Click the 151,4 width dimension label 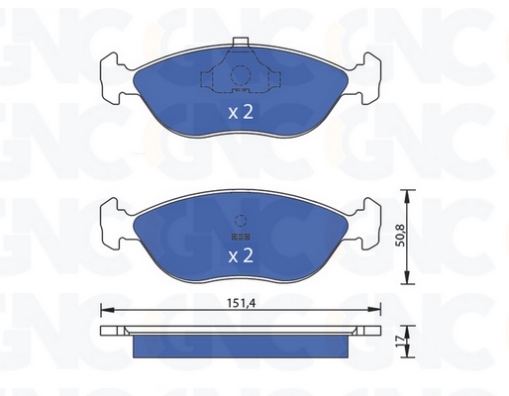(x=241, y=303)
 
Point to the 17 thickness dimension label (x=400, y=342)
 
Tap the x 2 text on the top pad (x=241, y=112)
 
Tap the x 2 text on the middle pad (x=241, y=255)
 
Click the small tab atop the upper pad (x=241, y=42)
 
